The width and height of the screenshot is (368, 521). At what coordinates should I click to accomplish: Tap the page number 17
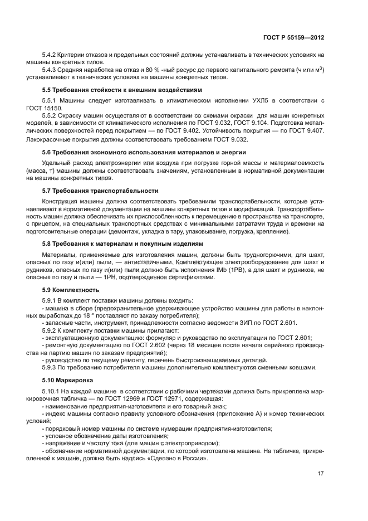(321, 474)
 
